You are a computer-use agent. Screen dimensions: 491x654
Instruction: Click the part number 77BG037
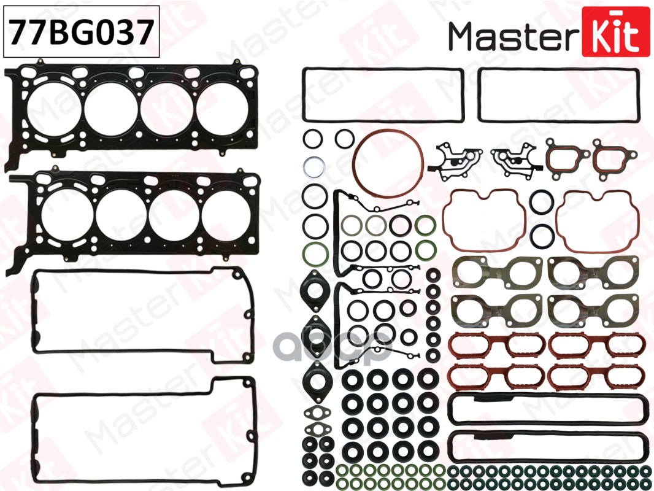click(x=81, y=31)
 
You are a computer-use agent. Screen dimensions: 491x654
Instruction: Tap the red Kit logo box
click(x=615, y=31)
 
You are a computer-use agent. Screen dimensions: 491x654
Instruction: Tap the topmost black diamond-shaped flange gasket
click(x=316, y=289)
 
